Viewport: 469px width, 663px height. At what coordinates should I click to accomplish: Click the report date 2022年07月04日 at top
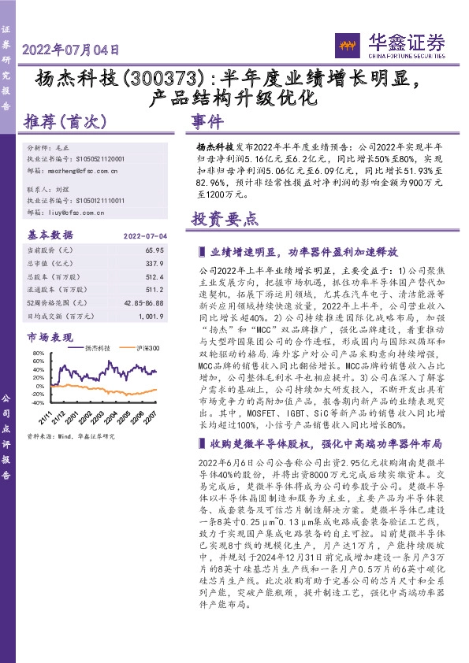tap(70, 49)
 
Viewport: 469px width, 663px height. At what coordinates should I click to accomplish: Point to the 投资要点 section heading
tap(225, 220)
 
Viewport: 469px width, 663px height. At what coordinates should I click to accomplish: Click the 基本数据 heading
tap(50, 235)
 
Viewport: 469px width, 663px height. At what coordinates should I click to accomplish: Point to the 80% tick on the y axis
tap(37, 354)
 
